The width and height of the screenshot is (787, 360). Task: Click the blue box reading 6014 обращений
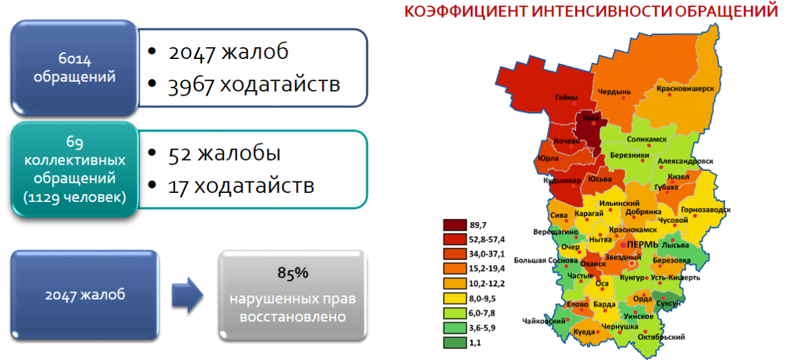(74, 68)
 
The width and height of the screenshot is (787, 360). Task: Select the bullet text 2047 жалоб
(229, 52)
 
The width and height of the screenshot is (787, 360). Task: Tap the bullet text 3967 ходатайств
(254, 85)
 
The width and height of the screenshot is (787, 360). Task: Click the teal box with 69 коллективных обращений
(74, 170)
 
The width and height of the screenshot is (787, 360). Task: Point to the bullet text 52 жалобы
(224, 154)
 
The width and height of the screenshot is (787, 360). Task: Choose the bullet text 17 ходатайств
(241, 186)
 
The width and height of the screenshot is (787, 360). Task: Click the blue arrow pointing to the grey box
(188, 295)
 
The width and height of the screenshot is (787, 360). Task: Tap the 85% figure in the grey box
(293, 273)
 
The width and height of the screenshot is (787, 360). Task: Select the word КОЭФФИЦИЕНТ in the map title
(466, 11)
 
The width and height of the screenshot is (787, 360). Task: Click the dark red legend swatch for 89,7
(455, 225)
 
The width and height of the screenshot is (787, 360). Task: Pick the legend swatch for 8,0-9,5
(455, 298)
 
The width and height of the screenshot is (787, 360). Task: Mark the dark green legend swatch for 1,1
(455, 343)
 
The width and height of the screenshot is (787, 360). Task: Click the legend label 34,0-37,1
(486, 254)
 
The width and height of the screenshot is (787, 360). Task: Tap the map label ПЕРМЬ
(643, 245)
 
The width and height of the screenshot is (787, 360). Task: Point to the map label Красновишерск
(685, 89)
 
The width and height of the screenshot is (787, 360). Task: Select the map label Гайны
(566, 97)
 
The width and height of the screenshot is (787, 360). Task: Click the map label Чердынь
(615, 92)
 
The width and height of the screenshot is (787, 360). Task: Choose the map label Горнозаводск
(706, 210)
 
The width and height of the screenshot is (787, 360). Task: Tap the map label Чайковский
(543, 321)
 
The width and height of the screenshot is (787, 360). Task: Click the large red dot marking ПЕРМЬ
(623, 245)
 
